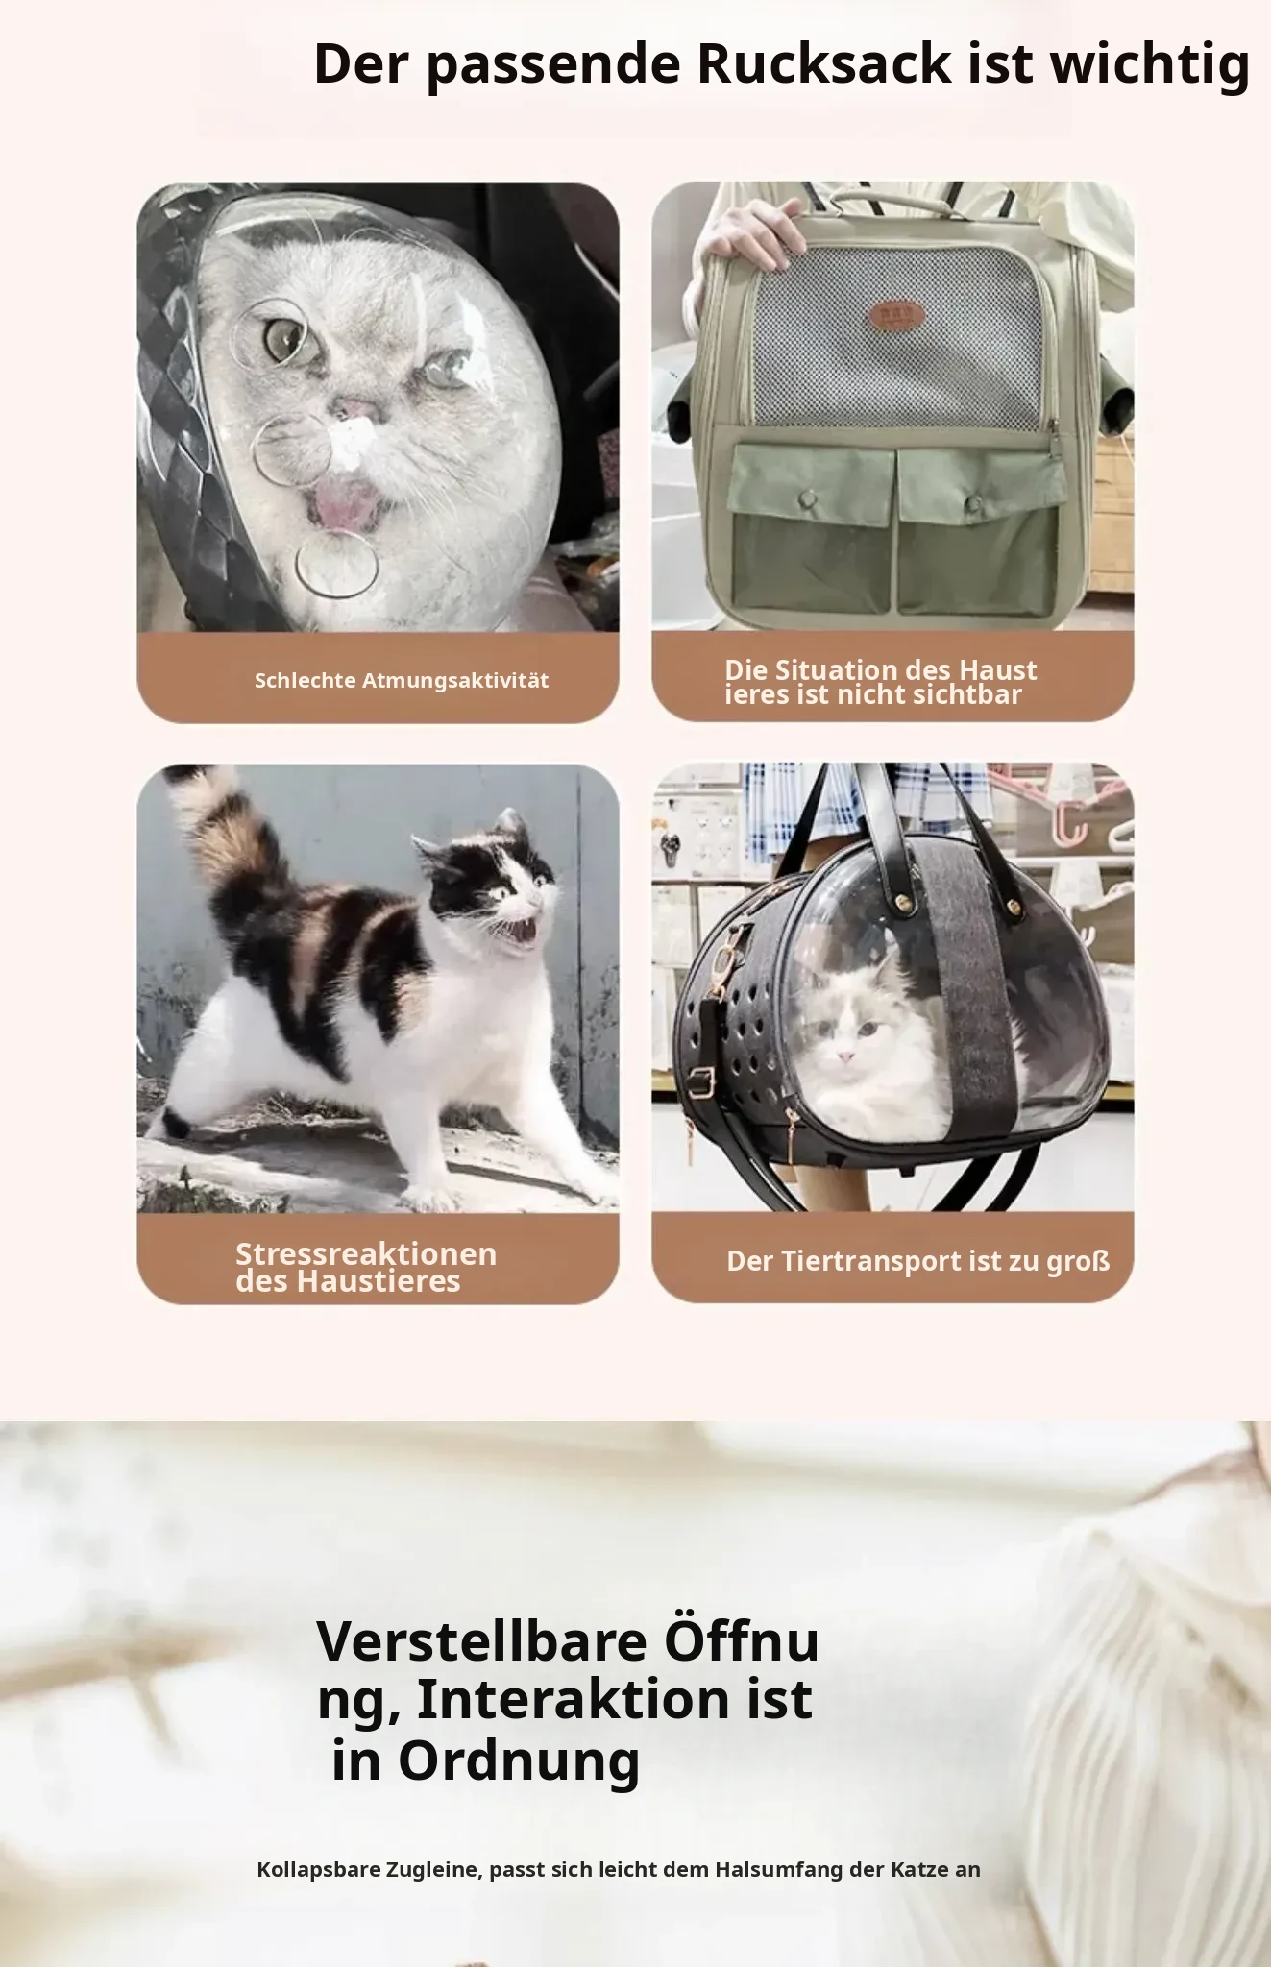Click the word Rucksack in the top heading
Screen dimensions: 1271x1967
click(823, 63)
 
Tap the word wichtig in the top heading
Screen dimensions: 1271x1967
click(1150, 67)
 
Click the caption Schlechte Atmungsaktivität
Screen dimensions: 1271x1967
click(402, 681)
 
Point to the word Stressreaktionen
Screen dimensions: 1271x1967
click(366, 1253)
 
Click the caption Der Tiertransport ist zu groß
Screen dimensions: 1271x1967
click(918, 1261)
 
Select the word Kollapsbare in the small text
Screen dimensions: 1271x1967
click(318, 1869)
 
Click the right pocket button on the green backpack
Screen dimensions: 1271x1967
click(975, 502)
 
